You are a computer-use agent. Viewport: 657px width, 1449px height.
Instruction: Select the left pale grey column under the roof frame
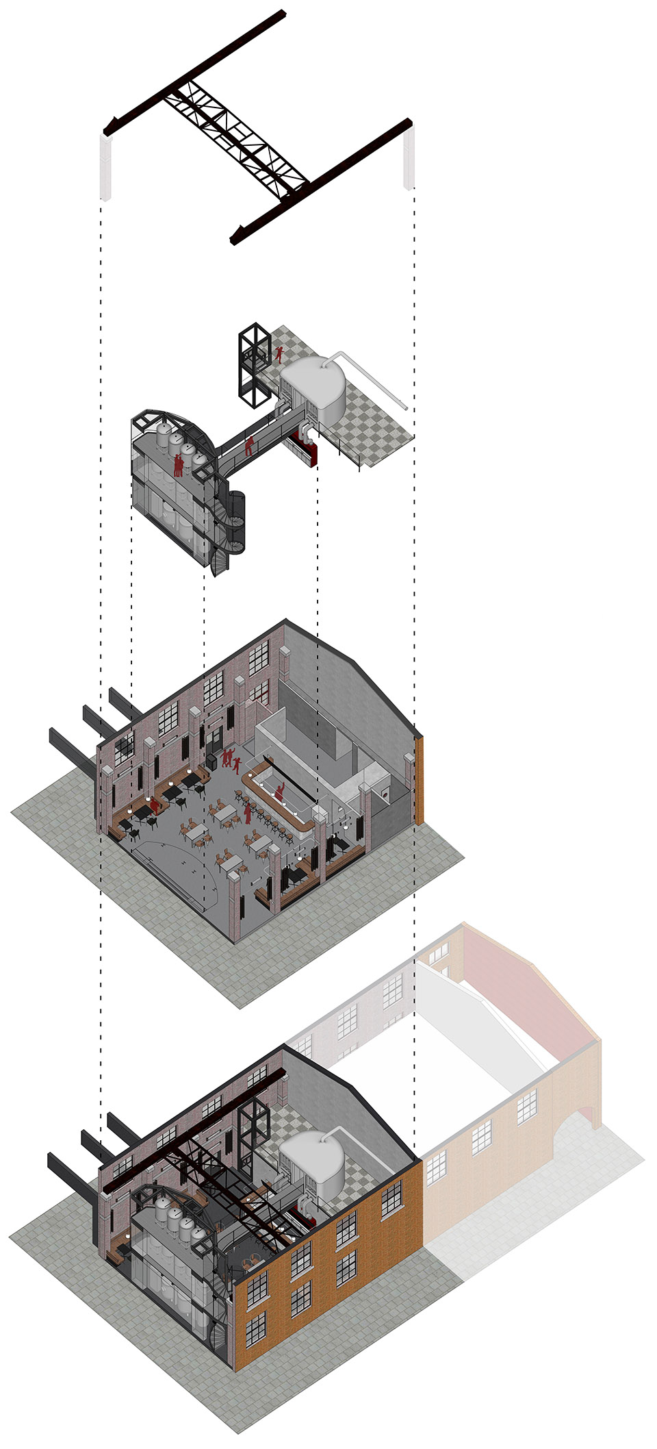106,167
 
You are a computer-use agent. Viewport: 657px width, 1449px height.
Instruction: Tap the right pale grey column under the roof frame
409,159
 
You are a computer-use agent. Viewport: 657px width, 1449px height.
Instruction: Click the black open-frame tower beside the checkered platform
250,363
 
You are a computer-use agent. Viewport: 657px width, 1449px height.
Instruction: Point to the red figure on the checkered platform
279,353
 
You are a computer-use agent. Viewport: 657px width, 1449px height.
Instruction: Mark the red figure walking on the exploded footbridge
250,446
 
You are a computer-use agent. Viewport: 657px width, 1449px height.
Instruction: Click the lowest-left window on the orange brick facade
255,1329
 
